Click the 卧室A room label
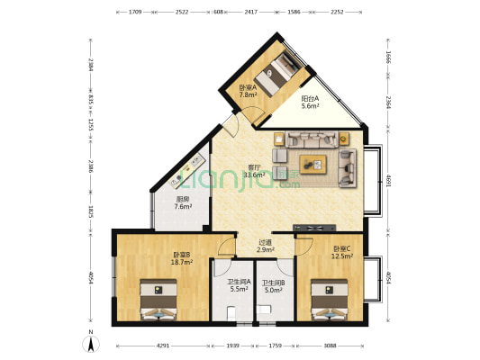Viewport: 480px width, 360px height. click(249, 90)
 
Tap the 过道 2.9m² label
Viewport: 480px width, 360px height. click(265, 246)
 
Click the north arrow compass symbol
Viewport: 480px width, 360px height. click(90, 343)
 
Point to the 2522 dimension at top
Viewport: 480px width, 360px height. click(182, 13)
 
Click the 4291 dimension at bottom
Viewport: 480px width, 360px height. click(162, 345)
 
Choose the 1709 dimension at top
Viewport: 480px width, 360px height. click(134, 13)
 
